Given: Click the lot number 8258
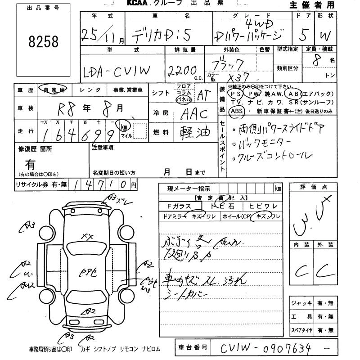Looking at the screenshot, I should point(43,42).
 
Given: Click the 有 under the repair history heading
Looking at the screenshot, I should point(31,164).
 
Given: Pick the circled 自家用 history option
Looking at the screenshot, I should point(53,90).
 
